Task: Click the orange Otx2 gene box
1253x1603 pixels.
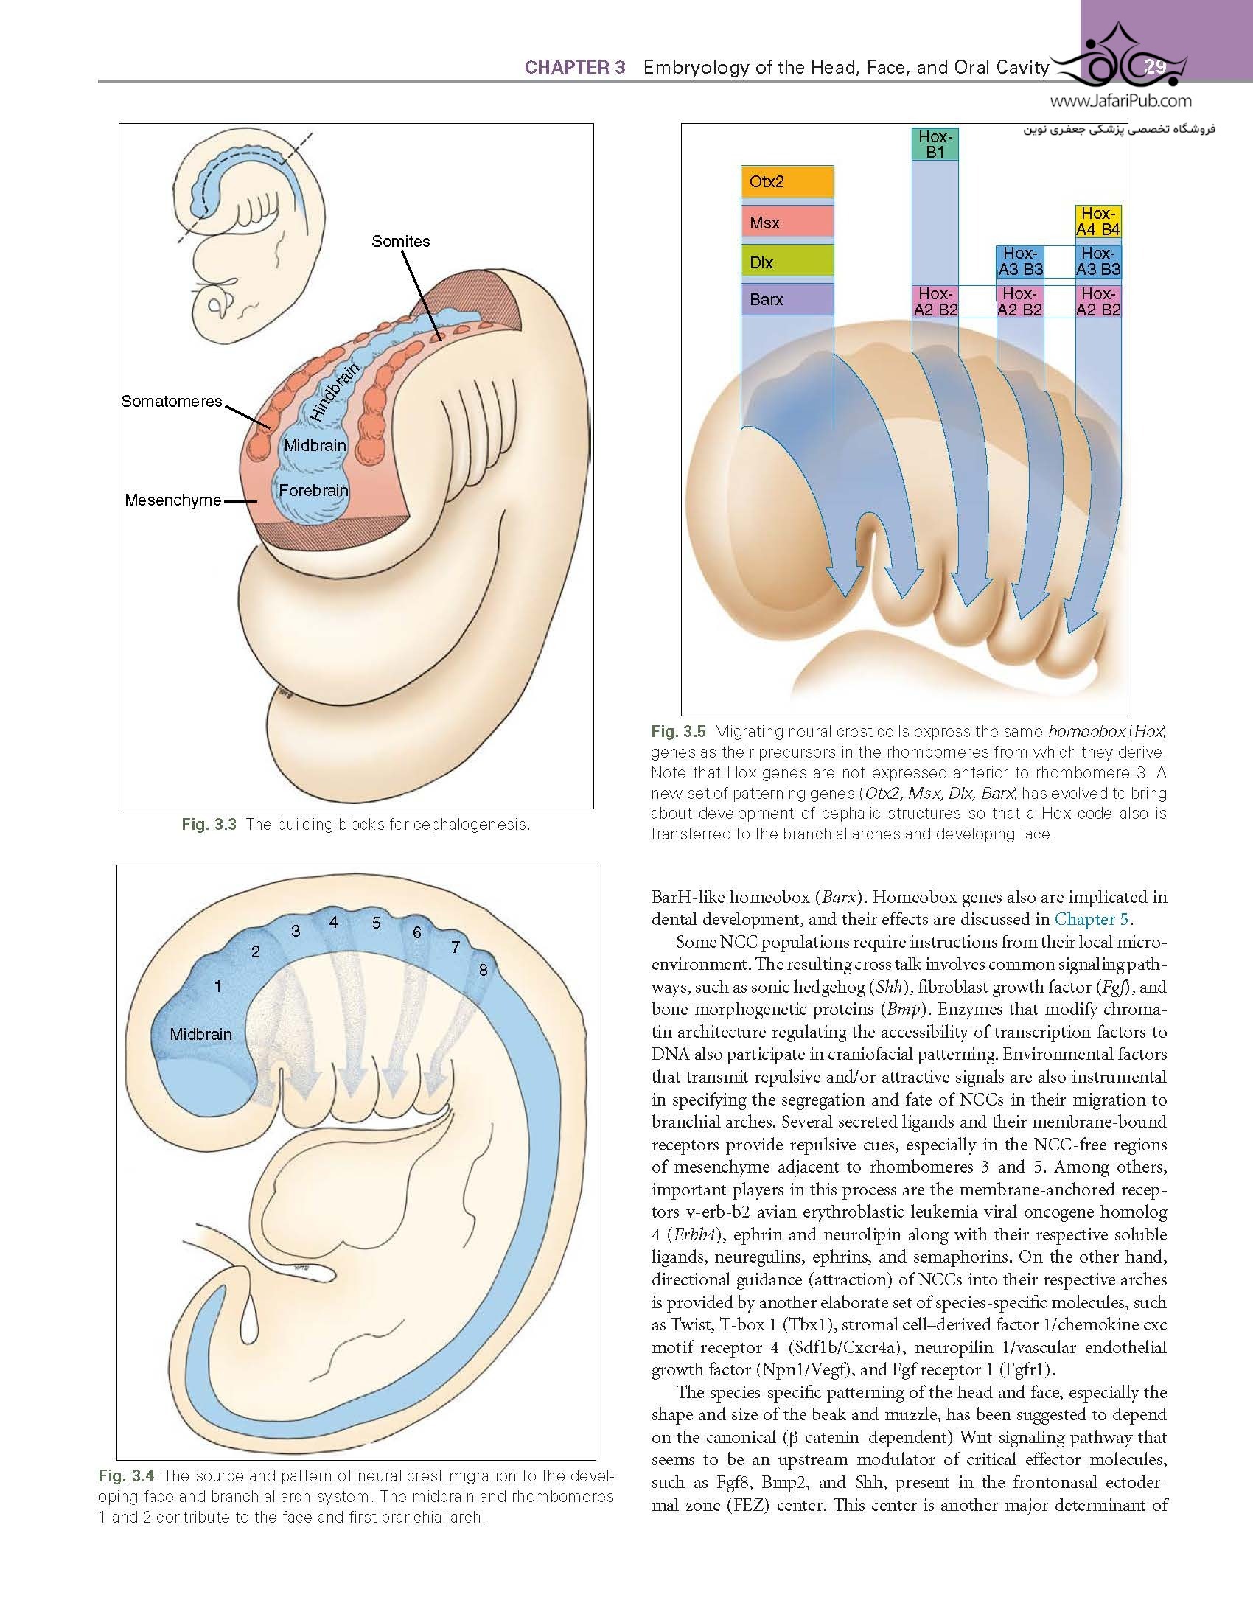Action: point(787,182)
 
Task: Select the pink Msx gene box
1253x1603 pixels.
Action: point(787,222)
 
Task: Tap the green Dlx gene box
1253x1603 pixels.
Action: point(787,262)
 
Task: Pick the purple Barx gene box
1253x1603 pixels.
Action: point(787,300)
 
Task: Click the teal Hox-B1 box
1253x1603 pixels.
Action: point(935,144)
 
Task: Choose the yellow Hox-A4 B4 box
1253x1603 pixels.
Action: point(1098,221)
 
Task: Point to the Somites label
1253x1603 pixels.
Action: point(400,241)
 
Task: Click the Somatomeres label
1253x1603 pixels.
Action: point(172,402)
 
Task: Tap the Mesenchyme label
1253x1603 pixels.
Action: point(173,500)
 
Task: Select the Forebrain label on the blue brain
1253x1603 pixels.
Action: point(313,490)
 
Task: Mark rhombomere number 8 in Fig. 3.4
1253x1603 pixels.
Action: point(483,970)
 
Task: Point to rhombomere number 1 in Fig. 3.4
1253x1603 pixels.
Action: point(217,986)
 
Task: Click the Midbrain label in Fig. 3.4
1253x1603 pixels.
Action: point(200,1034)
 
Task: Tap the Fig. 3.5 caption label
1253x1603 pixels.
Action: point(678,732)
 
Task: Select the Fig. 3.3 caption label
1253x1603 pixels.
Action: point(209,824)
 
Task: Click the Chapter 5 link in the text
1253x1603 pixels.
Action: point(1092,919)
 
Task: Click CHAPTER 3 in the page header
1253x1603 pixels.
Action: point(575,68)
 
